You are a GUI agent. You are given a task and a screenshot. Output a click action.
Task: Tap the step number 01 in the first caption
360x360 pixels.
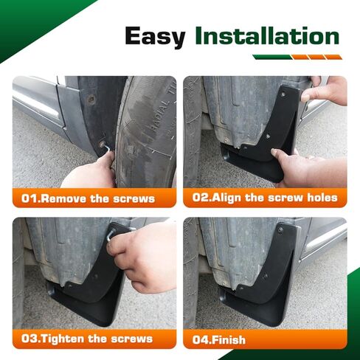click(30, 198)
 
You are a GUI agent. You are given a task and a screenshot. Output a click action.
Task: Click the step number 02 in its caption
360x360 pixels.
click(201, 198)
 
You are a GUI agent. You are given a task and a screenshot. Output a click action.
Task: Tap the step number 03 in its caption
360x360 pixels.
click(30, 339)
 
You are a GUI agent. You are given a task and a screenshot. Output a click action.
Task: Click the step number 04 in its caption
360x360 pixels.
click(201, 340)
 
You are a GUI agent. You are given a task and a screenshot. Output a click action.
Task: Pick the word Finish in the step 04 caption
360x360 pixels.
click(229, 340)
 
